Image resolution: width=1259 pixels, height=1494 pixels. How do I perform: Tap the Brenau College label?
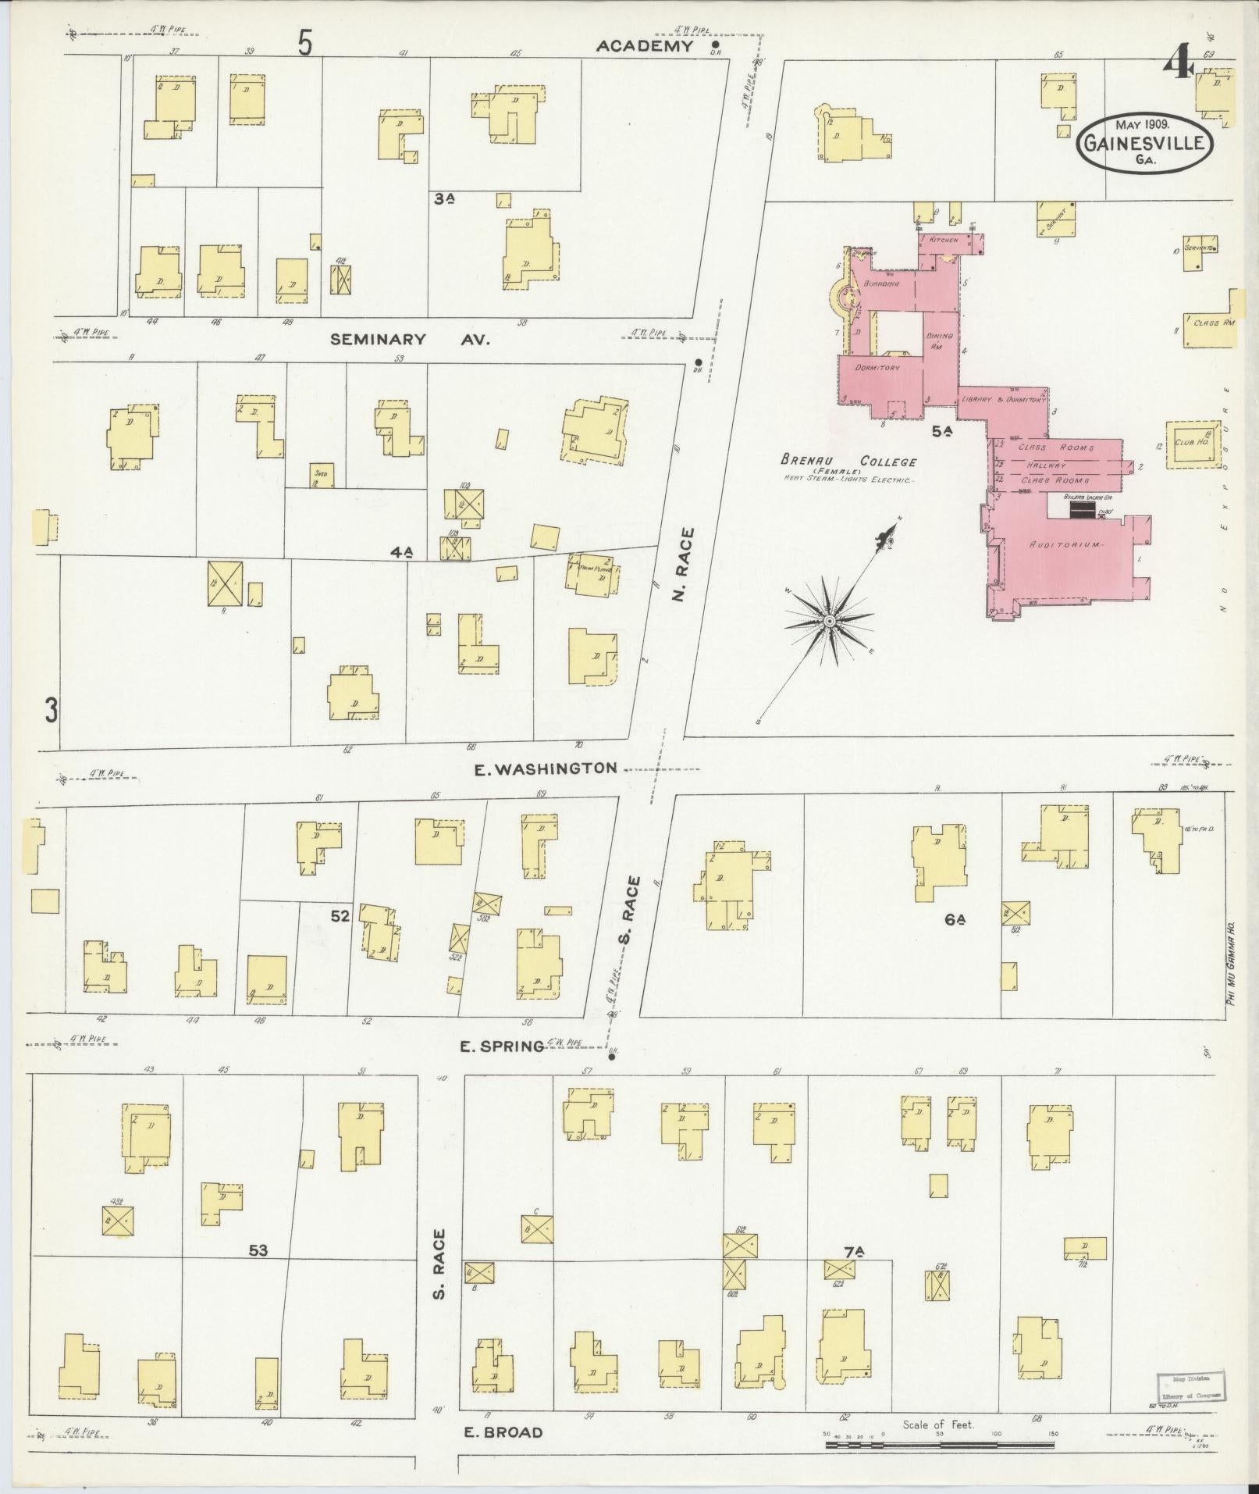[x=849, y=462]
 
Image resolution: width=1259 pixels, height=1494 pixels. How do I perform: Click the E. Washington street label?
[x=546, y=768]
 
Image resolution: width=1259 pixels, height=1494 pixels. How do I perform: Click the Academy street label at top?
[x=645, y=46]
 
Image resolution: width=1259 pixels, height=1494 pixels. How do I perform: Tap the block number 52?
[x=340, y=915]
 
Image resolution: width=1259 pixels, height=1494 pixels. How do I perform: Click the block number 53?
[x=258, y=1251]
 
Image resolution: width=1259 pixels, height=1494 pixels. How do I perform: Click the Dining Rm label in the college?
[x=940, y=341]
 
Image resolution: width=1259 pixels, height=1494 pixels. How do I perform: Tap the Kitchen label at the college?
[x=944, y=240]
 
